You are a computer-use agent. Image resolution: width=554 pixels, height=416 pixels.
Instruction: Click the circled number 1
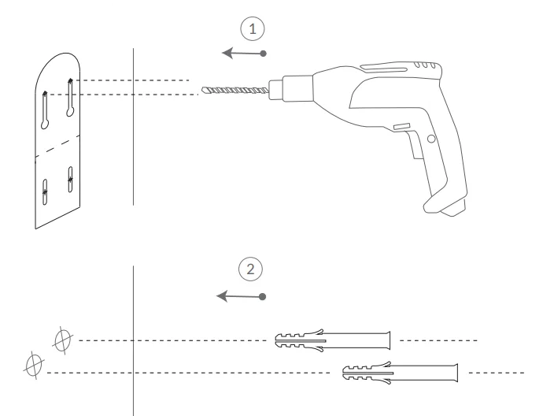[x=252, y=29]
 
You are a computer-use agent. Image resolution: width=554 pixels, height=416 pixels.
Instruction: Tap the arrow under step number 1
[x=242, y=54]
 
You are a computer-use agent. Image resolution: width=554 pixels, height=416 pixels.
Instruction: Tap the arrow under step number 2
[x=240, y=296]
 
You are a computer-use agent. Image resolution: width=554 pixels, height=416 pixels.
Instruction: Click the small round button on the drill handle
[x=430, y=139]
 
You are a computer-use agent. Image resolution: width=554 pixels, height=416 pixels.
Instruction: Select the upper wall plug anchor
[x=331, y=340]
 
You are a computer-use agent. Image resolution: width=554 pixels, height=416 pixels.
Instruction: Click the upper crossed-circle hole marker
[x=61, y=340]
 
